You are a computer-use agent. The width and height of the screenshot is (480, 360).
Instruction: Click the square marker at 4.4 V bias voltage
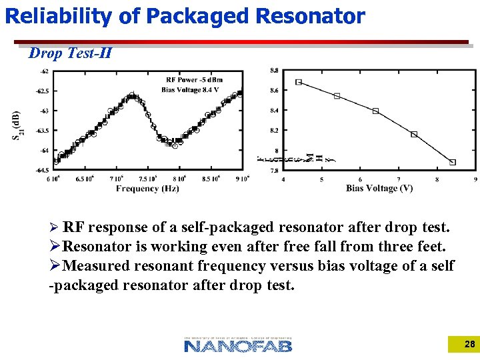point(299,82)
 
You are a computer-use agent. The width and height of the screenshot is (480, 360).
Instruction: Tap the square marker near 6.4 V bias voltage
point(376,111)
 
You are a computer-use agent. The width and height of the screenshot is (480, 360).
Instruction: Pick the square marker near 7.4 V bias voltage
point(414,134)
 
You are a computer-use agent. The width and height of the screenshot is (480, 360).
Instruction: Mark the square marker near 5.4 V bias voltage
point(337,96)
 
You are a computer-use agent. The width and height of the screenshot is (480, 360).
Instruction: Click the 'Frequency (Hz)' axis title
point(147,189)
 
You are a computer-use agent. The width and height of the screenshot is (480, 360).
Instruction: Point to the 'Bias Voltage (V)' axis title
point(379,189)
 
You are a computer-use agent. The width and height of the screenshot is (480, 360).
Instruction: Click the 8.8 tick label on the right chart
point(274,70)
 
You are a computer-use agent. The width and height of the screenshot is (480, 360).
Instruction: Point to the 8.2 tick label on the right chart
point(274,131)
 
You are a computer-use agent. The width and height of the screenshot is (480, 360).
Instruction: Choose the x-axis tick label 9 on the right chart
point(475,179)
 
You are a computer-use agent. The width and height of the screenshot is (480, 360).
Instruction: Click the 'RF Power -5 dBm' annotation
point(193,81)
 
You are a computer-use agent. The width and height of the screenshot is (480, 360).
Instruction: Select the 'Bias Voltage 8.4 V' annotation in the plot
point(190,90)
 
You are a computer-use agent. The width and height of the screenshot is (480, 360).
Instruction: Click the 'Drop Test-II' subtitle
point(70,53)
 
